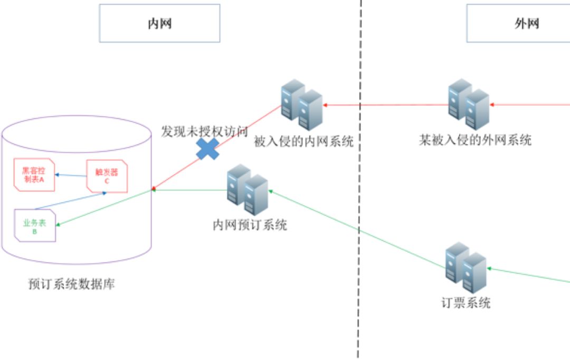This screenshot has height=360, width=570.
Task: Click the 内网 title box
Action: [159, 23]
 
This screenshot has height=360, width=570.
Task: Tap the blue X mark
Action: [208, 149]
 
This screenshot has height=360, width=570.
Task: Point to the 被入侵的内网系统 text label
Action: [303, 141]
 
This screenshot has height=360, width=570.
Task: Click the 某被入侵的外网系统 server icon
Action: [469, 105]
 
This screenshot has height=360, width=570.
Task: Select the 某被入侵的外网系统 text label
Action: [475, 140]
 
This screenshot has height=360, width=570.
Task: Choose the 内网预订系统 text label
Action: [250, 225]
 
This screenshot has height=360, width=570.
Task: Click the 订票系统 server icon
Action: [465, 268]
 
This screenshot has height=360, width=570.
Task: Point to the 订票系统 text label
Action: [465, 303]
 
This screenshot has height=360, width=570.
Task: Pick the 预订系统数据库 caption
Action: [71, 285]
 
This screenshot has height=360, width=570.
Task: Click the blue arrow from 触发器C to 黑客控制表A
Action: [71, 175]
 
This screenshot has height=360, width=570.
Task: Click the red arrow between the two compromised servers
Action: [385, 106]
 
